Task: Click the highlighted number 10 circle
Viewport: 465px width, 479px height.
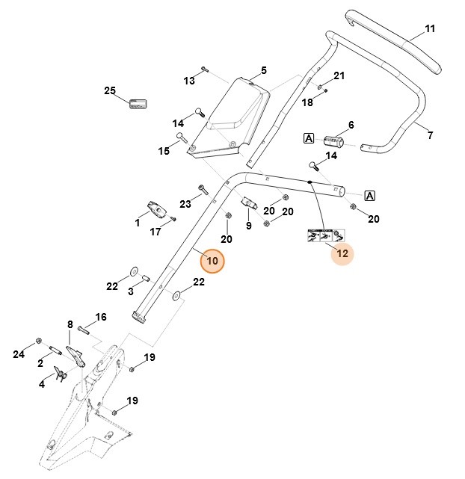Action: (x=212, y=261)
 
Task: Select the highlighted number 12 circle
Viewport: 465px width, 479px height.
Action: (x=342, y=254)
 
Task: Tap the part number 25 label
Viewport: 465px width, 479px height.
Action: (x=110, y=91)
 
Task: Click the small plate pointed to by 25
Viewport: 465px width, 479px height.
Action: (x=138, y=104)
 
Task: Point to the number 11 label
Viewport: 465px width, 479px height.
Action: (x=429, y=29)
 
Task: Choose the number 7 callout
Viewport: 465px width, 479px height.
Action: (x=430, y=135)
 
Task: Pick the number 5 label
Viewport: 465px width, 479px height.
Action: (x=263, y=71)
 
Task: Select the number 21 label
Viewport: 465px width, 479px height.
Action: (x=339, y=76)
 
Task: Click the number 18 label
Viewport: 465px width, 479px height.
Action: (x=307, y=102)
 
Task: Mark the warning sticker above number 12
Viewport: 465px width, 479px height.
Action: (x=321, y=235)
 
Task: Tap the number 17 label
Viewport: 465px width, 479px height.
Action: (x=155, y=232)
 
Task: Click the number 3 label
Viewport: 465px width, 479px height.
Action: (x=131, y=291)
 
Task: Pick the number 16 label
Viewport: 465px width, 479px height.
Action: (x=100, y=317)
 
